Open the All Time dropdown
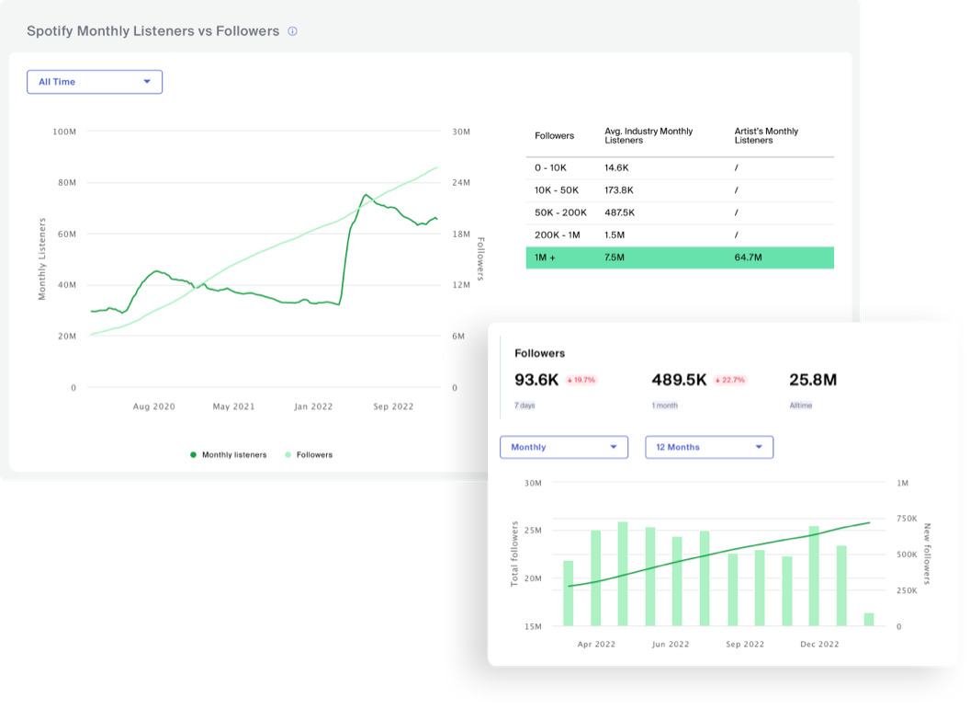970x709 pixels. tap(95, 82)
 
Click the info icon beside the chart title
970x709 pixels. tap(292, 31)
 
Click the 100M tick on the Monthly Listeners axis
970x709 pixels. tap(64, 132)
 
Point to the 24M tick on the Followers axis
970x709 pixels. tap(460, 183)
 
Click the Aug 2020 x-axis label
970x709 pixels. tap(154, 406)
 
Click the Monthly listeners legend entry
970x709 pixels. tap(229, 454)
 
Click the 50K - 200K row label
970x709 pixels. tap(561, 212)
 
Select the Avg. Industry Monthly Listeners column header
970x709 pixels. tap(649, 136)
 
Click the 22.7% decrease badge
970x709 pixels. tap(730, 380)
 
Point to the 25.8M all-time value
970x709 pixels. tap(813, 380)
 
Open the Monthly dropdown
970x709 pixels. tap(563, 447)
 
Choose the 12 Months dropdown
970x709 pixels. tap(709, 447)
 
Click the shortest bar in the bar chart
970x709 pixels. tap(868, 620)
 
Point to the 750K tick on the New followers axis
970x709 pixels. tap(907, 519)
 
